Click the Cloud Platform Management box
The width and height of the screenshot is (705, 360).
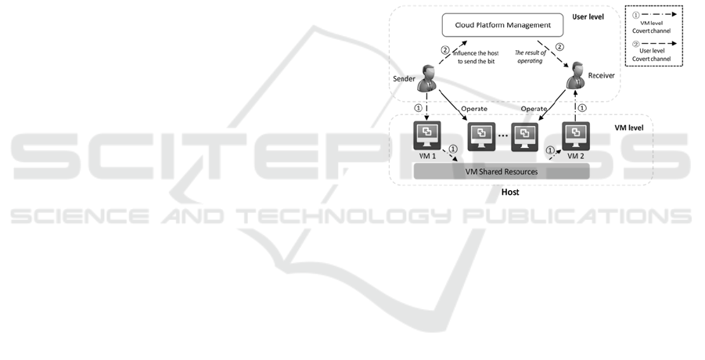click(502, 25)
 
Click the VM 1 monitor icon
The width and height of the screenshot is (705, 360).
click(428, 136)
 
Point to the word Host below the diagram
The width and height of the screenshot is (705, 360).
click(509, 192)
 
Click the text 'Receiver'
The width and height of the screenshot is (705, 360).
click(602, 76)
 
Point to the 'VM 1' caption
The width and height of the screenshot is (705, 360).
click(426, 157)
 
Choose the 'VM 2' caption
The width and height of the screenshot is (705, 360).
click(576, 157)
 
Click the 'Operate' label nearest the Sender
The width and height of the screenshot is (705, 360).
click(474, 109)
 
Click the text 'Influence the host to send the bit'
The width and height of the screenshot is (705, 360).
click(480, 56)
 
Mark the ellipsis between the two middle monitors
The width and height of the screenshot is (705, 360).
click(502, 136)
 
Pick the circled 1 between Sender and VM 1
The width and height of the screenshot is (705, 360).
click(417, 109)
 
